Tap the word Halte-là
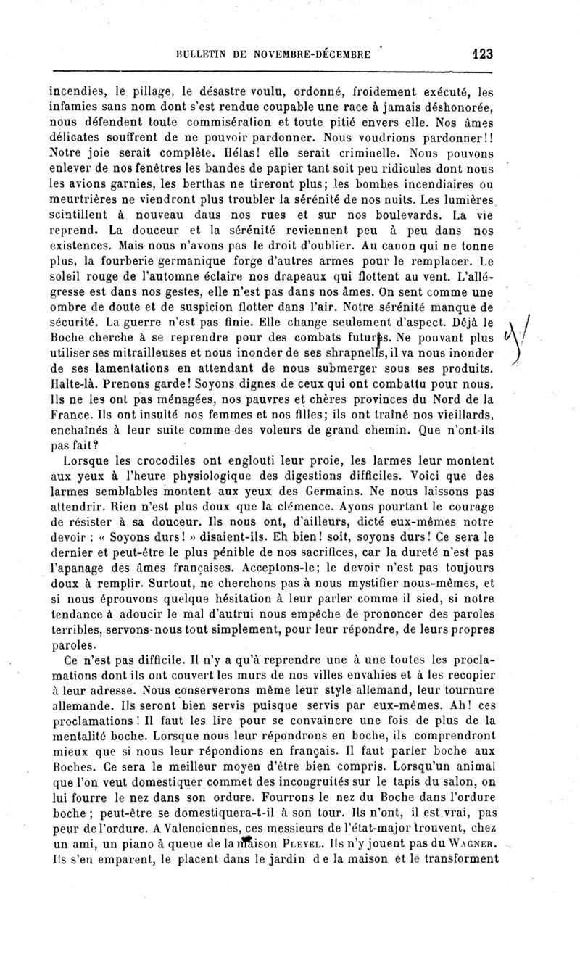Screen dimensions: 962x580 point(70,383)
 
